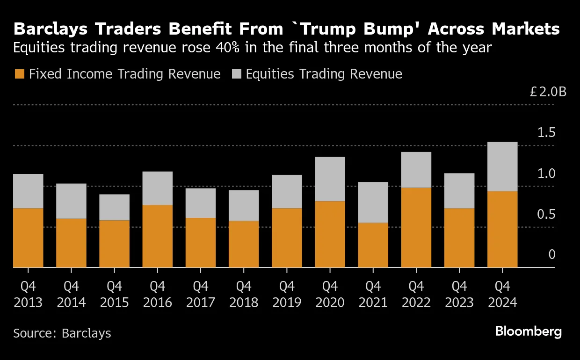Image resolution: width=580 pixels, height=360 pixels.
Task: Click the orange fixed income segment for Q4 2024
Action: [x=502, y=229]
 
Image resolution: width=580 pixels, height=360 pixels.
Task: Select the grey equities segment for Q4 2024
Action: [x=502, y=166]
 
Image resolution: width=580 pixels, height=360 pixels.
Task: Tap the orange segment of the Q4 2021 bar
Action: [x=373, y=245]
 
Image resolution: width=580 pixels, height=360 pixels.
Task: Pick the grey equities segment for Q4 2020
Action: [x=330, y=179]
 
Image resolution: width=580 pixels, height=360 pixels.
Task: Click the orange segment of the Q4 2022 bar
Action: [x=416, y=227]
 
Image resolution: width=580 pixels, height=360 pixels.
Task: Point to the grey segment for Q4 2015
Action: [x=114, y=207]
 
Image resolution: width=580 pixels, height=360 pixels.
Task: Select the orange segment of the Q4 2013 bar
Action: [x=28, y=238]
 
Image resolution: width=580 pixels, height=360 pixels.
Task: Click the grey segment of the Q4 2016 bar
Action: [x=157, y=188]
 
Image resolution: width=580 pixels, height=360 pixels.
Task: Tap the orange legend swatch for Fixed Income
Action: [x=19, y=74]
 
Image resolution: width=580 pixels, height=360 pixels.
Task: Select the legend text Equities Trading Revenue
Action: [x=324, y=74]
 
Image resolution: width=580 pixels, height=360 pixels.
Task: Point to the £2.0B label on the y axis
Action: [x=548, y=92]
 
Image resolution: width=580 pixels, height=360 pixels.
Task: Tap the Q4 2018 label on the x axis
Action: [x=244, y=294]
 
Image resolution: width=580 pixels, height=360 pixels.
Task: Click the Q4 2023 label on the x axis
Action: [x=459, y=294]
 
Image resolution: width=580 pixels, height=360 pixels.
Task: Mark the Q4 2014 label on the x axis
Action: [x=71, y=294]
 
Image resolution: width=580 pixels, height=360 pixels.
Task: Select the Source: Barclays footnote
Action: [x=62, y=333]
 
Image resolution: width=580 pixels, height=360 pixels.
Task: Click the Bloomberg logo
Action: [x=528, y=332]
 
